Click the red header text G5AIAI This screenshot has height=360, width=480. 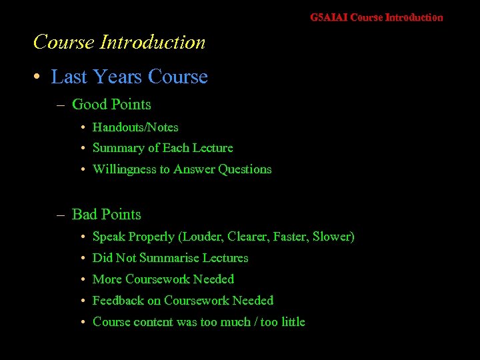click(328, 17)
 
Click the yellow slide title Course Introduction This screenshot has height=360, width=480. click(119, 42)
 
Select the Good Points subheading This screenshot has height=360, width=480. click(111, 104)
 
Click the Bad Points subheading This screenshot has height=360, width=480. click(106, 214)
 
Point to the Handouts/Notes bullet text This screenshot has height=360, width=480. click(135, 127)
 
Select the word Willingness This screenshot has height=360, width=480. click(124, 169)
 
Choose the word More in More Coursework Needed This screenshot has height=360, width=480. click(107, 279)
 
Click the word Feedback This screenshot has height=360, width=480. click(117, 301)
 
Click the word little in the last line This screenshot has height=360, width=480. click(293, 322)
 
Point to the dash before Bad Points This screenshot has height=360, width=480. click(61, 215)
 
